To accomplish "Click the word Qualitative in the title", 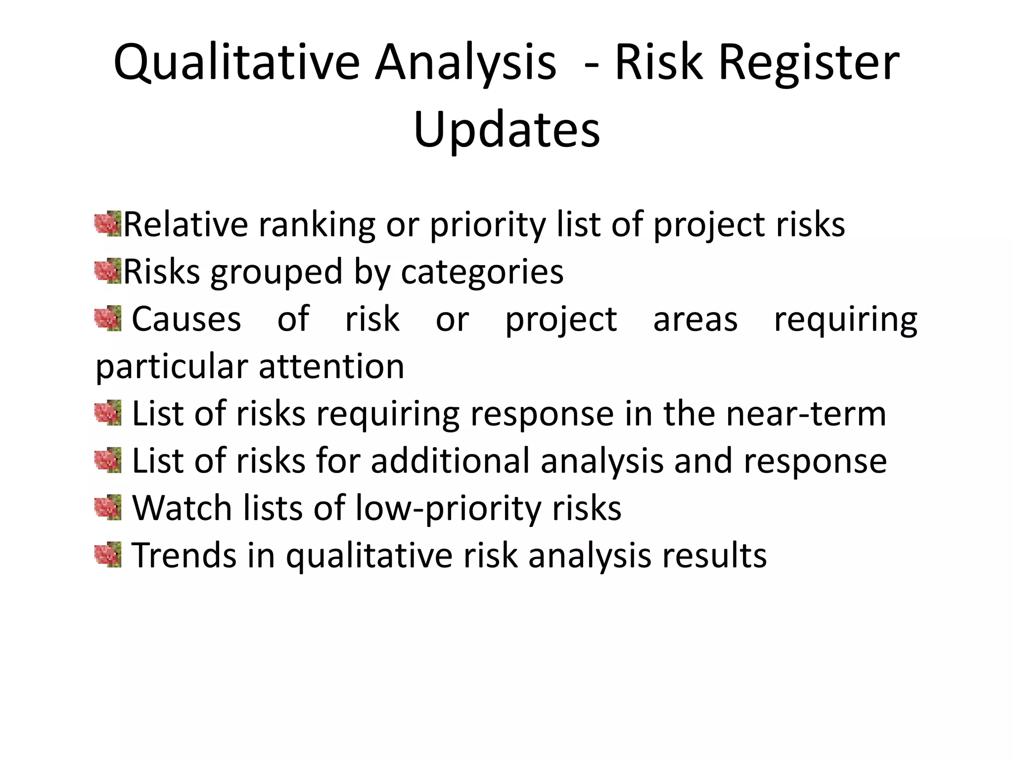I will (236, 63).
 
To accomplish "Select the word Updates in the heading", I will (506, 130).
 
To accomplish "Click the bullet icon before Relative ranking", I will (108, 224).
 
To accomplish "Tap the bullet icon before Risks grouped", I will (108, 271).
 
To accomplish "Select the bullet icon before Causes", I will (108, 319).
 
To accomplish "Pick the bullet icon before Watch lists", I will (108, 508).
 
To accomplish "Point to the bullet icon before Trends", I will (108, 555).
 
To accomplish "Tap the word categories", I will (482, 272).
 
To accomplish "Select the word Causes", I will (186, 319).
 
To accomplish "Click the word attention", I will (331, 367).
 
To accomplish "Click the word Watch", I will (182, 508).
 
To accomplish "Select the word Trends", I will (184, 555).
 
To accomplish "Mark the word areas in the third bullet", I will (695, 319).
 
